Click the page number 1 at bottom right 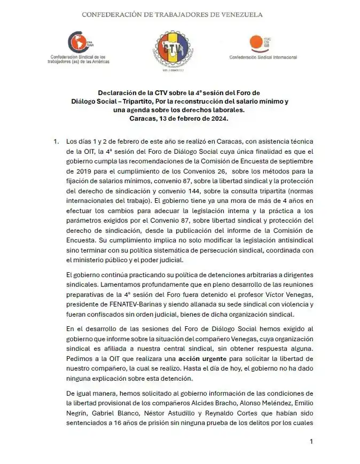tap(311, 442)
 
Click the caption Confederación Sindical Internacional tap(263, 57)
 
